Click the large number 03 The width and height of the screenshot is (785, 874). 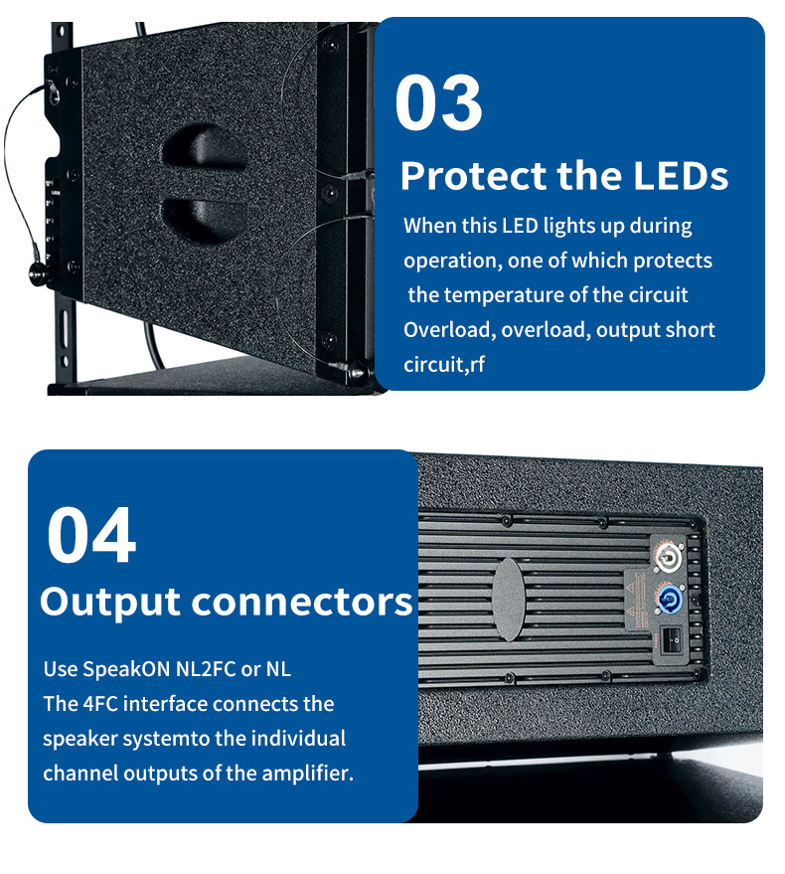coord(438,103)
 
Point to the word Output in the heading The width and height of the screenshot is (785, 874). coord(109,601)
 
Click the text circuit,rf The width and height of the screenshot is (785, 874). coord(444,364)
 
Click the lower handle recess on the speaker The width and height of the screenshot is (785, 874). coord(206,213)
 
